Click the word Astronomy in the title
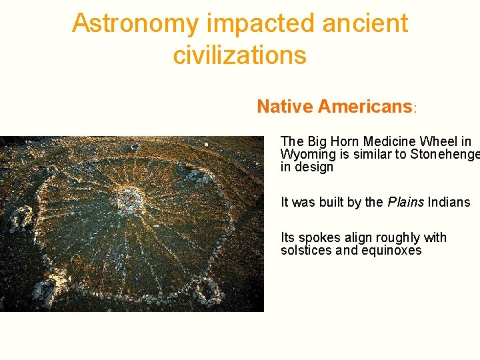pyautogui.click(x=135, y=23)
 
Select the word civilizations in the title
pyautogui.click(x=239, y=55)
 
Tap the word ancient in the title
pyautogui.click(x=365, y=23)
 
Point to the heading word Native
pyautogui.click(x=285, y=107)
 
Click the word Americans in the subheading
pyautogui.click(x=365, y=107)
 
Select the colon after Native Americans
pyautogui.click(x=415, y=109)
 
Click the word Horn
pyautogui.click(x=347, y=141)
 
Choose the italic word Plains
pyautogui.click(x=406, y=202)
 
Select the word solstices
pyautogui.click(x=305, y=251)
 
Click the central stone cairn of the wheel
pyautogui.click(x=129, y=198)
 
